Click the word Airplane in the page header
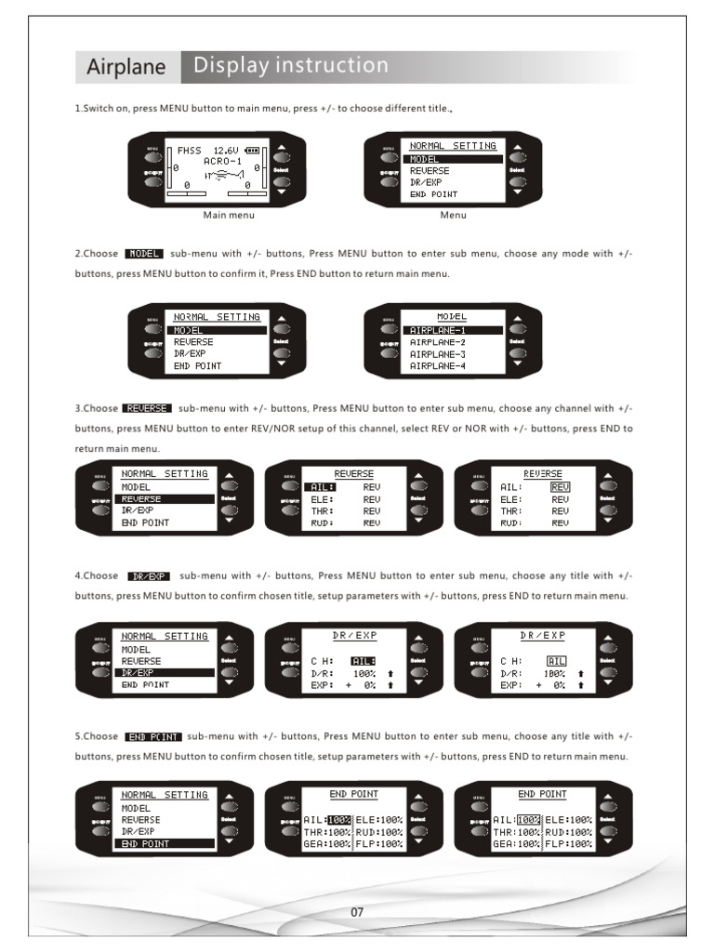[126, 67]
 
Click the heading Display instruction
[291, 66]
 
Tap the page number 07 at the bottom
[356, 912]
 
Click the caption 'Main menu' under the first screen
[229, 215]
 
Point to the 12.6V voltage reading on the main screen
[226, 150]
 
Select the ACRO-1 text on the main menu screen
[223, 161]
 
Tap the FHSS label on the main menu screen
[189, 150]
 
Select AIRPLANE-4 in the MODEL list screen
[438, 366]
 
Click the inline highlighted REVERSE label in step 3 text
[147, 408]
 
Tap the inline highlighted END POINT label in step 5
[153, 735]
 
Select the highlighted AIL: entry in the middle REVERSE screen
[323, 486]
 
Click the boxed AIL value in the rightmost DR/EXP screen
[557, 661]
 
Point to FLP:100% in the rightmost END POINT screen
[568, 844]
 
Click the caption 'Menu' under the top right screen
[454, 215]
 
